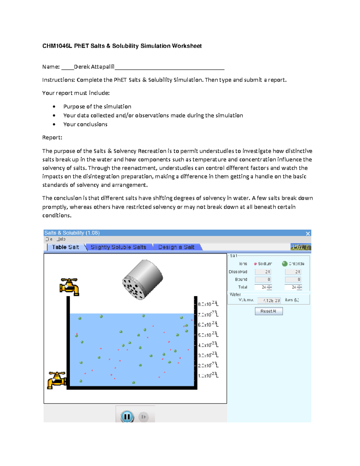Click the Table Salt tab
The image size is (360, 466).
coord(65,247)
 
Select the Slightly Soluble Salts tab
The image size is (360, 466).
coord(118,247)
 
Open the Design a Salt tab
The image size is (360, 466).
coord(176,247)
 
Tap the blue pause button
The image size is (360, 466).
coord(127,416)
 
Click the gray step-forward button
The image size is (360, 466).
coord(143,417)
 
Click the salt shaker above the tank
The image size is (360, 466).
coord(142,279)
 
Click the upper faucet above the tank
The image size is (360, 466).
coord(70,287)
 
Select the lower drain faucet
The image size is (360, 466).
coord(57,380)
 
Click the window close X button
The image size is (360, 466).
coord(307,233)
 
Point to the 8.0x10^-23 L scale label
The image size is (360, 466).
coord(208,304)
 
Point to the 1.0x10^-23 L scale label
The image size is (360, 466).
coord(208,375)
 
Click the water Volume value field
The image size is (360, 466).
coord(269,300)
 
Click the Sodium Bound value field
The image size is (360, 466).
coord(263,279)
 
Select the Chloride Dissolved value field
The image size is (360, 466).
coord(293,272)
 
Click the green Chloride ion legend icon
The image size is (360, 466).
coord(284,264)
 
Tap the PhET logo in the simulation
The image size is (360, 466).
coord(300,247)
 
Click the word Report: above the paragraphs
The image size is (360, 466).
coord(52,137)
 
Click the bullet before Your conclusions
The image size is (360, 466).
coord(54,124)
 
